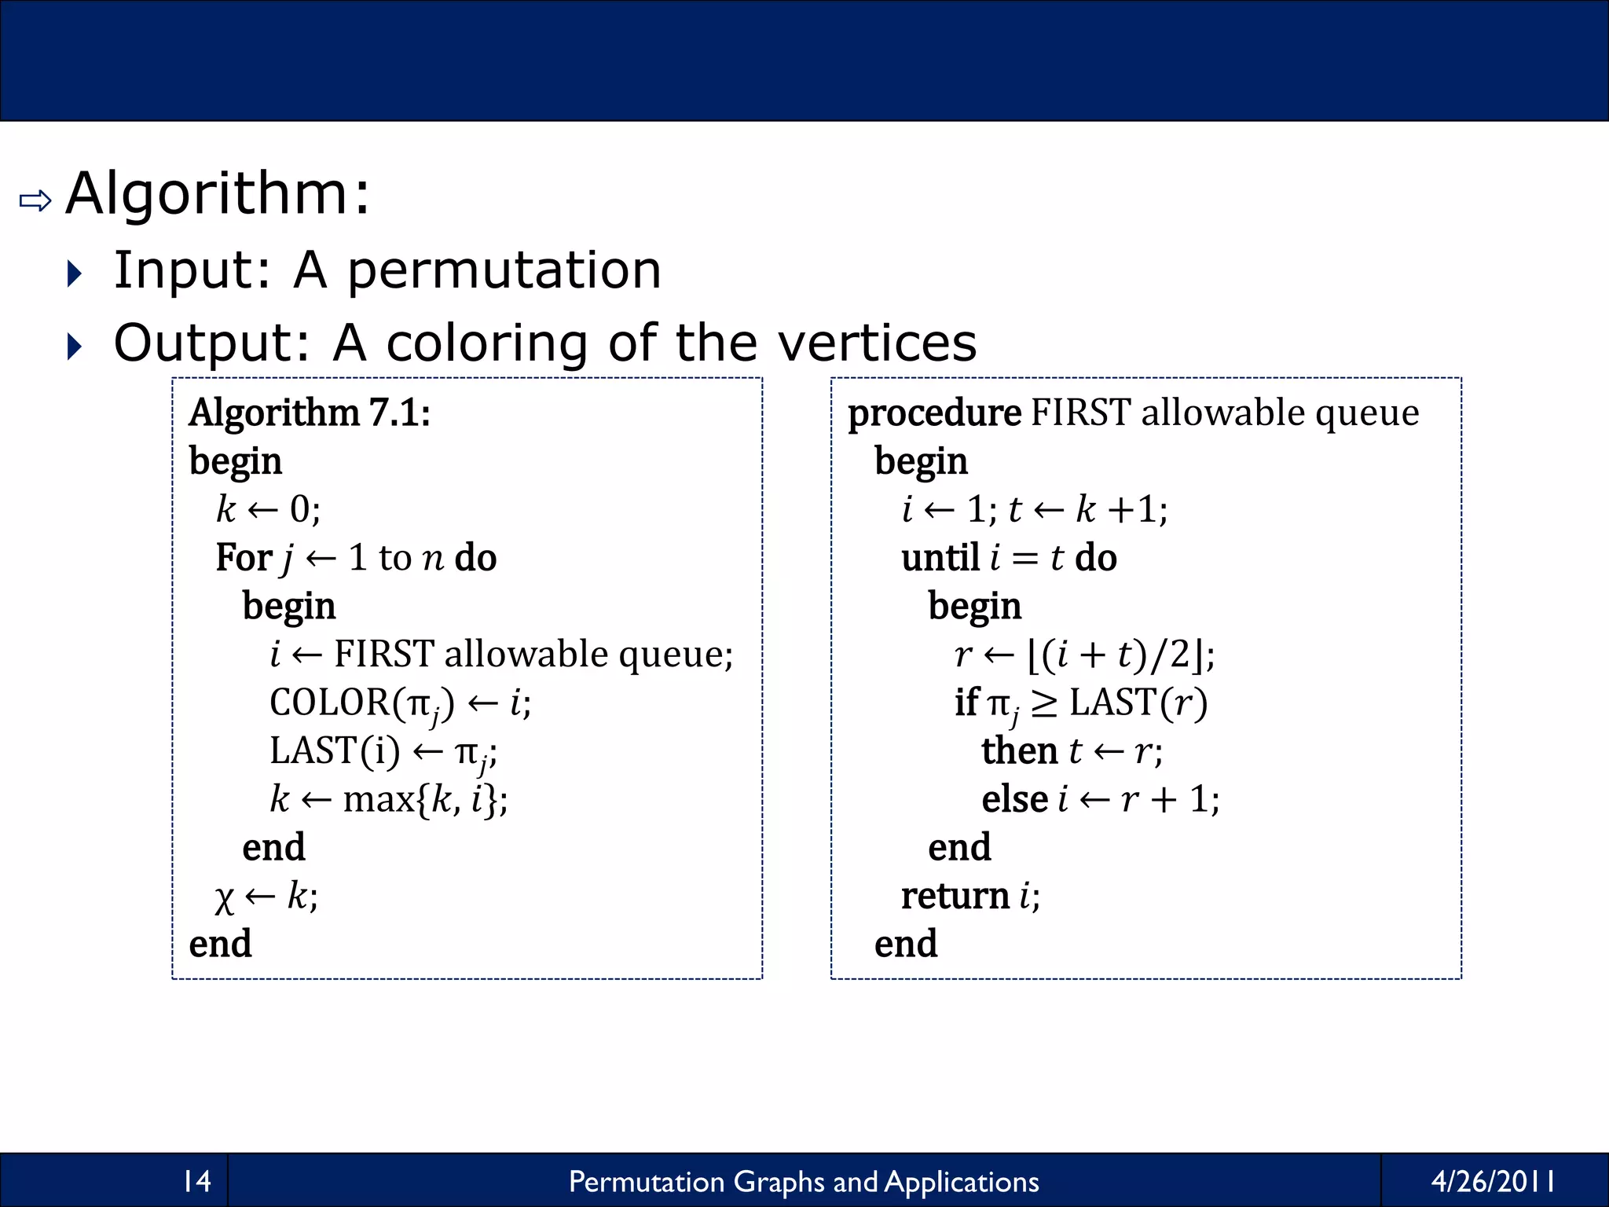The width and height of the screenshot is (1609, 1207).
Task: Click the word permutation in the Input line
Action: coord(504,271)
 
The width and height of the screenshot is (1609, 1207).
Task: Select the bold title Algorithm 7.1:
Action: coord(310,413)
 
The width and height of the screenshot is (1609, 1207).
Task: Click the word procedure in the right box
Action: coord(933,413)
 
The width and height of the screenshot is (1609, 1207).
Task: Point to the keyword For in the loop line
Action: coord(244,558)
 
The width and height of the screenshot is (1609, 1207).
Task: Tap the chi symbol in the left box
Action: coord(225,898)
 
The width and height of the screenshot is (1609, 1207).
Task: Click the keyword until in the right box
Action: coord(940,558)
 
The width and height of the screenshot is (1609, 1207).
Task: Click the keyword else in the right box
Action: coord(1014,800)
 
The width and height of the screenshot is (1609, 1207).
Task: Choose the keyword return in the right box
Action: coord(955,897)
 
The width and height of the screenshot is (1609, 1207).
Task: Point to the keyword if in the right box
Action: coord(966,703)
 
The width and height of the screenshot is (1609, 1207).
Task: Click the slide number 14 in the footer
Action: coord(196,1181)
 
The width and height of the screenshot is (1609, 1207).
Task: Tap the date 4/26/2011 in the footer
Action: coord(1493,1181)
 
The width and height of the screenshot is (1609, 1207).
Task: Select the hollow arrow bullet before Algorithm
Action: coord(35,201)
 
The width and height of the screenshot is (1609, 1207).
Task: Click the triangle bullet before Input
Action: coord(75,274)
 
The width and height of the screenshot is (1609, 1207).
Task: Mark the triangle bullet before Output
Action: coord(75,347)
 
